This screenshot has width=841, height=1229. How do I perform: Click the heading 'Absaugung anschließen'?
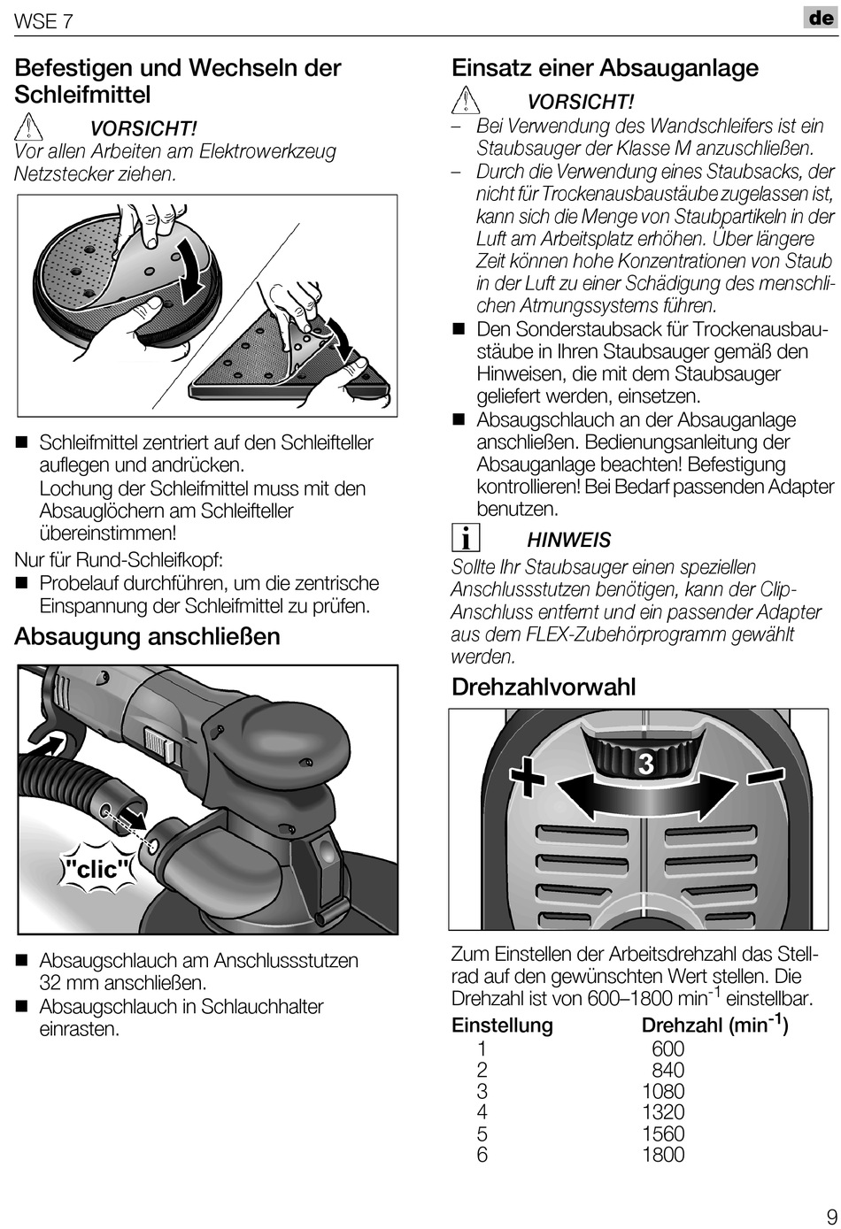click(147, 637)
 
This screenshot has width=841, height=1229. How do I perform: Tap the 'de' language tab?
click(821, 18)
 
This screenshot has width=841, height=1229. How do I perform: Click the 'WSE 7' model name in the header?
click(43, 21)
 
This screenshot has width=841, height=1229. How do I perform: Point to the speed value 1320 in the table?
click(663, 1112)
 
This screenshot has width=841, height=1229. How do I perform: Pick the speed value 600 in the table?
click(668, 1048)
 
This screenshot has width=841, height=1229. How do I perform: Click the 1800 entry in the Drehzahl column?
click(663, 1155)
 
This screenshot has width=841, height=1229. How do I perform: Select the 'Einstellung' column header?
click(502, 1025)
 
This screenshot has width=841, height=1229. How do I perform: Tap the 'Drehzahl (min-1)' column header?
click(714, 1025)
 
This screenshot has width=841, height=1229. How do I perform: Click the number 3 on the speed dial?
click(645, 764)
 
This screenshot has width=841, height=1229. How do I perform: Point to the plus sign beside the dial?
click(528, 778)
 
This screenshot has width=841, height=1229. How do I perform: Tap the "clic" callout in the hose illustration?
click(98, 869)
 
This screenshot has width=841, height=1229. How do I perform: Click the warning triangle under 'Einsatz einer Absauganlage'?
click(466, 102)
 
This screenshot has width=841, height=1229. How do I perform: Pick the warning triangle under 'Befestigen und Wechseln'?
click(29, 127)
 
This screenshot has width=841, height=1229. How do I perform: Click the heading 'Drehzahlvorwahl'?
click(544, 687)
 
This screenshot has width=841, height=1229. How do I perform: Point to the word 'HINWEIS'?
click(569, 540)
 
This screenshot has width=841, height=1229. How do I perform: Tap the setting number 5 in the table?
click(482, 1133)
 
